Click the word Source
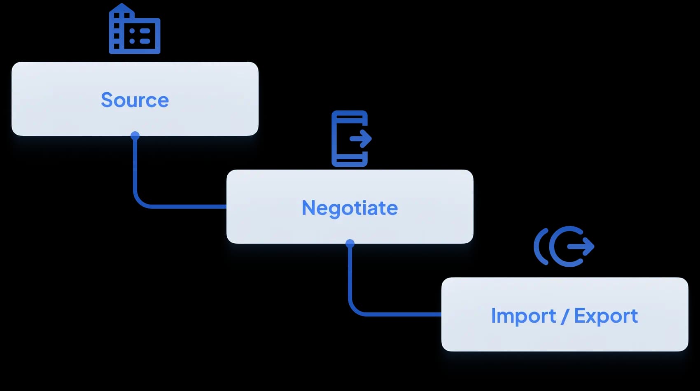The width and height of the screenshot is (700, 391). click(135, 100)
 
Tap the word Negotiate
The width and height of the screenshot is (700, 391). click(350, 208)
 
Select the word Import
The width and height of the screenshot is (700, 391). click(523, 317)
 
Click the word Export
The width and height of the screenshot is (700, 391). click(606, 316)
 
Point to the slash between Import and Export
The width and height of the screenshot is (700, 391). click(565, 316)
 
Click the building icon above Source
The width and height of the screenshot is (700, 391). click(135, 29)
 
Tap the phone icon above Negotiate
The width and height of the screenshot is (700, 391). click(351, 139)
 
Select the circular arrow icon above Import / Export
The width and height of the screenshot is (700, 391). click(564, 247)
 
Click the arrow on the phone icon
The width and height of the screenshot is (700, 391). click(361, 138)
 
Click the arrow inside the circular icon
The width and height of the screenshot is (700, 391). click(581, 247)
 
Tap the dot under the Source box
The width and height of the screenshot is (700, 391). click(135, 135)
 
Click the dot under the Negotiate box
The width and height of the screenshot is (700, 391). click(350, 244)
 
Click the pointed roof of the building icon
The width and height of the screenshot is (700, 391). click(121, 7)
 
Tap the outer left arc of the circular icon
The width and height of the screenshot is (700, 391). click(540, 247)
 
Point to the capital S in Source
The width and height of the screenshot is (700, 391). click(107, 100)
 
